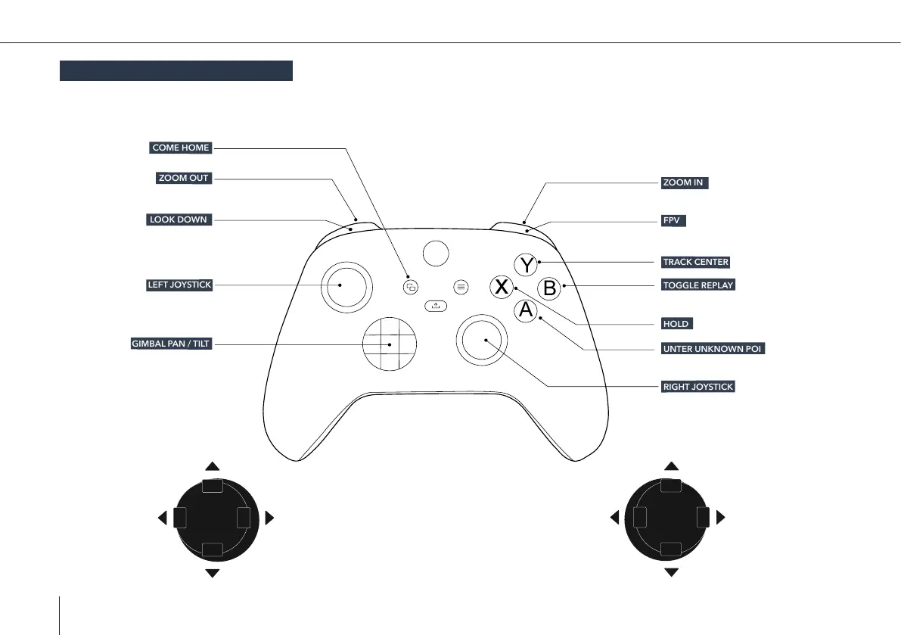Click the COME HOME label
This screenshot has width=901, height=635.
[x=180, y=148]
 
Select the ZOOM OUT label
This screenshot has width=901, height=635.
[x=183, y=179]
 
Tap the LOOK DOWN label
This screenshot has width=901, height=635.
[x=178, y=219]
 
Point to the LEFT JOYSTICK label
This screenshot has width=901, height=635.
[x=179, y=285]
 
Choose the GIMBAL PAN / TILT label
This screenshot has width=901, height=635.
[x=171, y=344]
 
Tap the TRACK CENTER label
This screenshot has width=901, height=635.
[x=695, y=262]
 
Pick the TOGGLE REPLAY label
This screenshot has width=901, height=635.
[x=697, y=285]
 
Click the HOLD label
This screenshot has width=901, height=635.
[x=676, y=323]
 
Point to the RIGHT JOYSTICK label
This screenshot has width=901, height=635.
[x=698, y=387]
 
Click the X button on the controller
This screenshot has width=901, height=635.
[x=500, y=288]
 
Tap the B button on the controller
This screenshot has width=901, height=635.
[x=550, y=288]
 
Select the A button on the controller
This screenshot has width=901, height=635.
[x=527, y=310]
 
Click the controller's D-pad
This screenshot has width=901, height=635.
[x=390, y=344]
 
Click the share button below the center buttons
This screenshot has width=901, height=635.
[x=436, y=306]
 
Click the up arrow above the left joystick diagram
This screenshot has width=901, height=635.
[x=213, y=467]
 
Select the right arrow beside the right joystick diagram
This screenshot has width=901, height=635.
[x=720, y=518]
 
